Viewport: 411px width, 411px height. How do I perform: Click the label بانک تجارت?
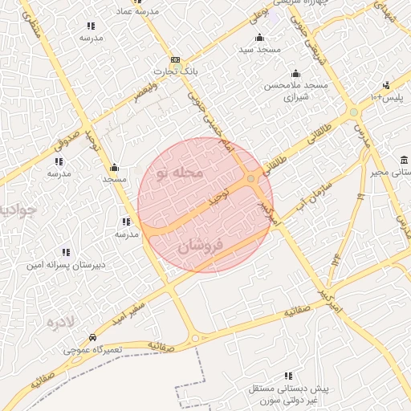click(178, 71)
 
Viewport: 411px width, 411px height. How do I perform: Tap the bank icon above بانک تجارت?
click(175, 60)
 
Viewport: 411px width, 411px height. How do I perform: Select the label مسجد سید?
click(258, 50)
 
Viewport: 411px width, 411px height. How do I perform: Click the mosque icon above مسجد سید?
click(258, 38)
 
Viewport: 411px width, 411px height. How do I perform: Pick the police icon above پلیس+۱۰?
click(387, 85)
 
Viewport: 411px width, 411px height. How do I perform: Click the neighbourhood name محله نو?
click(179, 173)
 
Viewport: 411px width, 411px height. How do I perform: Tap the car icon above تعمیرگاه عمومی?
click(94, 338)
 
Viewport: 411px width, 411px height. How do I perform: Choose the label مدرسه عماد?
click(137, 13)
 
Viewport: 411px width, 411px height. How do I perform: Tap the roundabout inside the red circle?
click(251, 178)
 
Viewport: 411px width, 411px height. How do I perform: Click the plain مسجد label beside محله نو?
click(114, 180)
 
